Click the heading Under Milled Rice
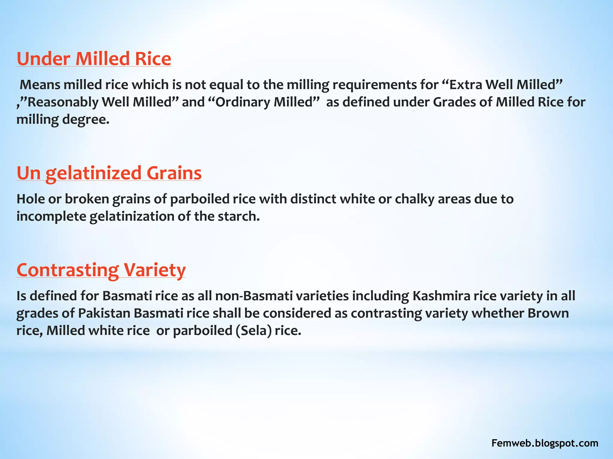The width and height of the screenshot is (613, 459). click(94, 59)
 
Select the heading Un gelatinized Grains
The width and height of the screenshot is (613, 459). click(109, 173)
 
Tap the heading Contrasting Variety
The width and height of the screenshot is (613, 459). click(101, 270)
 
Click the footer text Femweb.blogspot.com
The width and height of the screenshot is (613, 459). click(545, 443)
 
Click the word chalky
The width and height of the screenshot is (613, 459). click(414, 199)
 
